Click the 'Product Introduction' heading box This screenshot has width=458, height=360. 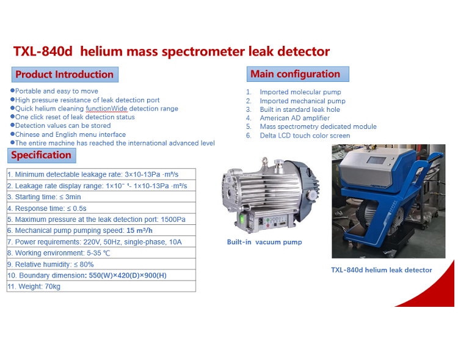(65, 75)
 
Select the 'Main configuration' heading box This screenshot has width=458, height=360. (297, 74)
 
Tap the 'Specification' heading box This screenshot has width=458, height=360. (42, 155)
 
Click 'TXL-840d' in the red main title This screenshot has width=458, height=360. (43, 51)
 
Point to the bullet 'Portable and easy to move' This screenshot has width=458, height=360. (54, 91)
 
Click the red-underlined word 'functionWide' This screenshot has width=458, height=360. (107, 109)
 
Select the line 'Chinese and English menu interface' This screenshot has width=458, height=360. (68, 134)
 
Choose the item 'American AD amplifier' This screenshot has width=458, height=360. (295, 118)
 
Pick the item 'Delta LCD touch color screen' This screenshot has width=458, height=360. (305, 136)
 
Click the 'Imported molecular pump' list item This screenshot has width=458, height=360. (300, 92)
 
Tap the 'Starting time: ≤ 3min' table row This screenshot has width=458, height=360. (101, 197)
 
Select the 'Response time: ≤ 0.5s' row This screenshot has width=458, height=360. (101, 208)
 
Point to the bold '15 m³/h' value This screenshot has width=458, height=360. (139, 230)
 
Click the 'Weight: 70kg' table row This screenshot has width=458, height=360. (101, 286)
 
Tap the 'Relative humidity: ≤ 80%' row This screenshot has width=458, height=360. (101, 264)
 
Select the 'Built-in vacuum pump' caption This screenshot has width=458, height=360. (264, 242)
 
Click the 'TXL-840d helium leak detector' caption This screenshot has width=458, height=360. (382, 270)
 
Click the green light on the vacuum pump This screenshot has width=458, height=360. (242, 219)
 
